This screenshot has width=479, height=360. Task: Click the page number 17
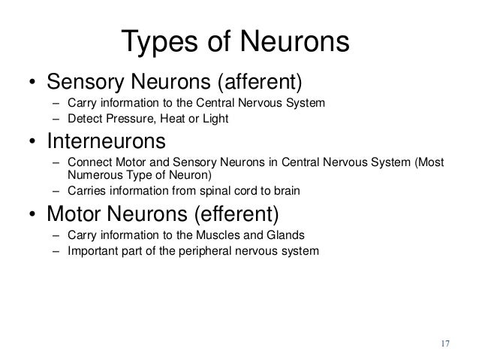coord(444,344)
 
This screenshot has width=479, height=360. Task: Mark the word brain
coord(286,192)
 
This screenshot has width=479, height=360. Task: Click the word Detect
coord(83,119)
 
